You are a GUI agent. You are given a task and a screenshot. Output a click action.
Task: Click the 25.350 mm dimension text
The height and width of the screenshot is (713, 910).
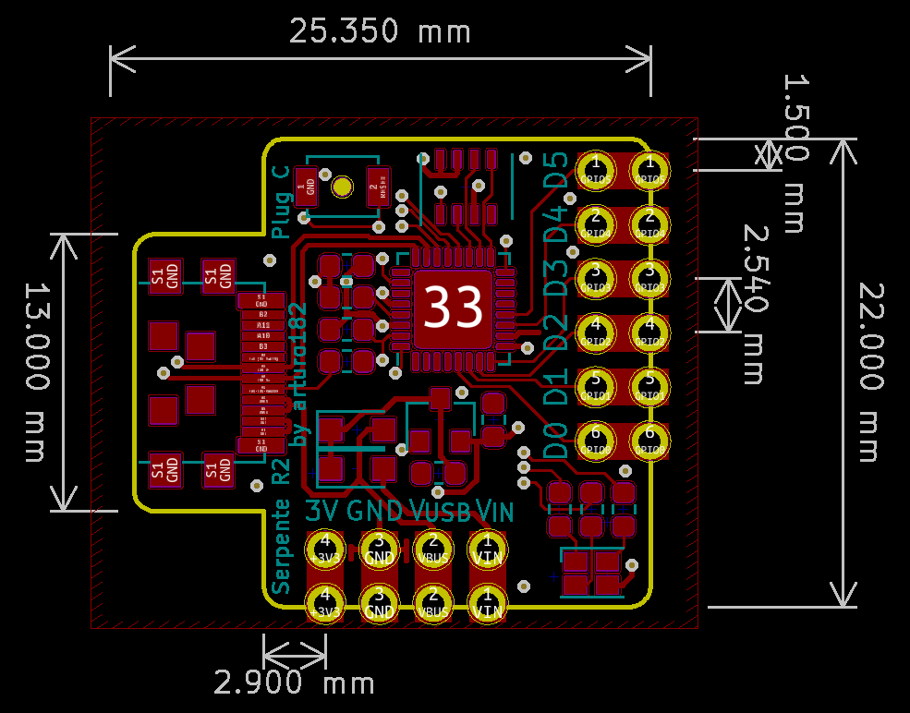point(380,31)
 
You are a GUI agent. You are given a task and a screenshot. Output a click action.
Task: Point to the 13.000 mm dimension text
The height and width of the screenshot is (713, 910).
point(35,372)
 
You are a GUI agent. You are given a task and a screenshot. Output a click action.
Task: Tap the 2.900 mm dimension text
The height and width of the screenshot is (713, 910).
point(295,683)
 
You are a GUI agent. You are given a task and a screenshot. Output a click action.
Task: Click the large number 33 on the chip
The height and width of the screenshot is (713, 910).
point(453,307)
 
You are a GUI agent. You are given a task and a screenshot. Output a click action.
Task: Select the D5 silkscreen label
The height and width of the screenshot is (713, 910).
point(556,171)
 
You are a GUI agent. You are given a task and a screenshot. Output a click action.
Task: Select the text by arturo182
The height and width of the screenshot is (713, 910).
point(297,374)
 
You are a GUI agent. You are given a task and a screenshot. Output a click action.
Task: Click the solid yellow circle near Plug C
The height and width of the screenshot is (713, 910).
point(343,187)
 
